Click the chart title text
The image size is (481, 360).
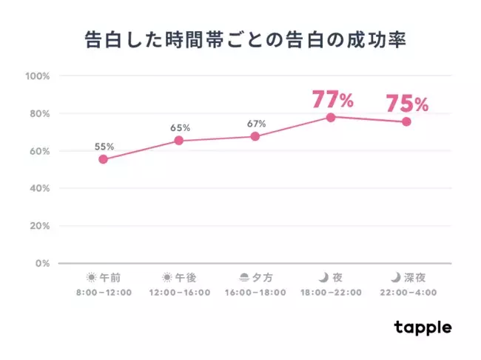click(x=240, y=40)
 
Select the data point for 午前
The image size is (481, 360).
click(x=103, y=159)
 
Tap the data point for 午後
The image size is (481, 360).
click(x=179, y=140)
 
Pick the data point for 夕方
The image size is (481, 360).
click(x=255, y=136)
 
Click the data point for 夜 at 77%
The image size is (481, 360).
click(x=331, y=117)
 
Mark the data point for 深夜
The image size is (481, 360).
click(x=406, y=121)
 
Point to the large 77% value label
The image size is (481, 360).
click(x=333, y=99)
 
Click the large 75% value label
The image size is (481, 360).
click(x=407, y=104)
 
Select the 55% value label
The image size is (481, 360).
click(x=104, y=147)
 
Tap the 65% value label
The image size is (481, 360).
click(x=180, y=127)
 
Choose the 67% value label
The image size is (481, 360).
click(x=255, y=124)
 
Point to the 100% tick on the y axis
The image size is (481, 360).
click(x=37, y=76)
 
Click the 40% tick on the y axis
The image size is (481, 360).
click(x=39, y=189)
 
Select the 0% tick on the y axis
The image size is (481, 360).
click(x=42, y=264)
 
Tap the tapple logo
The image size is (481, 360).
click(x=423, y=327)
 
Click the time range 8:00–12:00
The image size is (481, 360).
click(x=103, y=293)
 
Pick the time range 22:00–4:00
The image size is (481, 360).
click(x=406, y=293)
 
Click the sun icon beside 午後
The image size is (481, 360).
click(x=166, y=278)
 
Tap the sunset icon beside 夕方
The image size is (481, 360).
click(x=245, y=278)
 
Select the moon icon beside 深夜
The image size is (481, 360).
click(x=396, y=278)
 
